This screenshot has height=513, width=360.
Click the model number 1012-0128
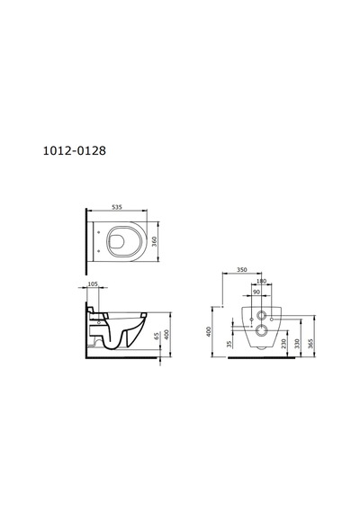pyautogui.click(x=75, y=150)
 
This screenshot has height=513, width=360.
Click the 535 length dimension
pyautogui.click(x=117, y=207)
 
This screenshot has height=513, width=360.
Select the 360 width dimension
pyautogui.click(x=155, y=241)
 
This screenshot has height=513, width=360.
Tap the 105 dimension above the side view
pyautogui.click(x=94, y=284)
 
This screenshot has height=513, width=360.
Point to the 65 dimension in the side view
pyautogui.click(x=157, y=336)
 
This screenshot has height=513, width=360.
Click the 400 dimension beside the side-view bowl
pyautogui.click(x=166, y=335)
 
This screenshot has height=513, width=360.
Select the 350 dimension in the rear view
pyautogui.click(x=241, y=270)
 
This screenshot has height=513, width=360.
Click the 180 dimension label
pyautogui.click(x=262, y=281)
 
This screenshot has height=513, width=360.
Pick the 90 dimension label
pyautogui.click(x=256, y=292)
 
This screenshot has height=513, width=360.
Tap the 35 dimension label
pyautogui.click(x=229, y=344)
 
